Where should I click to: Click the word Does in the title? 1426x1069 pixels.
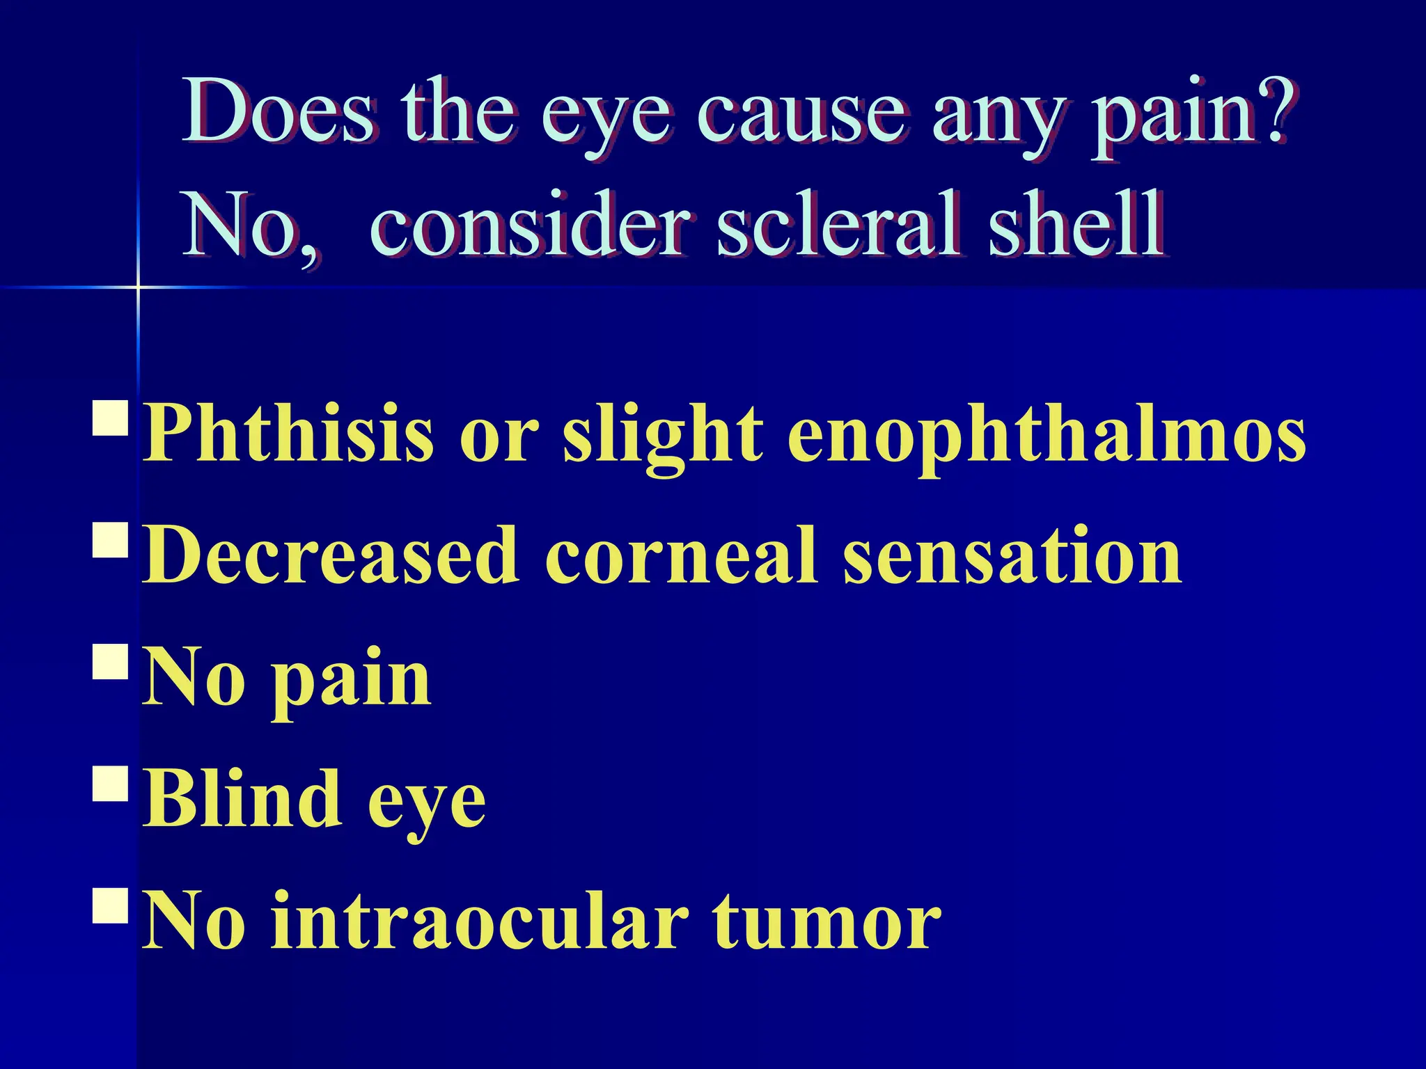pos(279,111)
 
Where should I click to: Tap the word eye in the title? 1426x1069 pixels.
pos(606,118)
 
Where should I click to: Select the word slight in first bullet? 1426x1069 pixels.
pos(662,438)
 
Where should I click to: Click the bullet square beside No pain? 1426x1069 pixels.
pos(110,661)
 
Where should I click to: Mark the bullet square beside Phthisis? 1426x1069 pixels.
pos(110,418)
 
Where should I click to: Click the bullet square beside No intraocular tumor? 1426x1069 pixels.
pos(110,905)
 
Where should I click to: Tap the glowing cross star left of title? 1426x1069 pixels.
pos(138,286)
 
